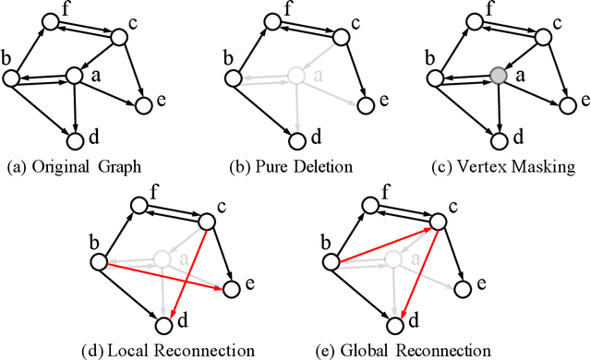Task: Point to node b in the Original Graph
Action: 12,79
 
